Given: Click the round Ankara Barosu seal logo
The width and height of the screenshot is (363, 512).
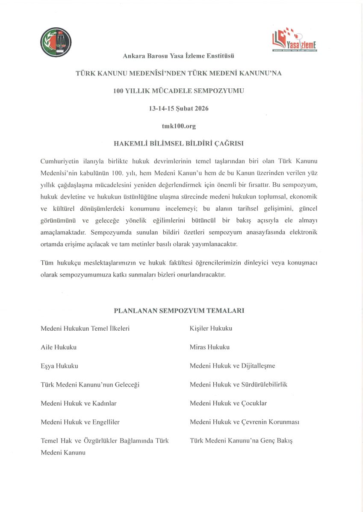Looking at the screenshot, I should [56, 42].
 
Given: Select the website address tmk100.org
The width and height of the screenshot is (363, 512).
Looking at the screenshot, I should [179, 126].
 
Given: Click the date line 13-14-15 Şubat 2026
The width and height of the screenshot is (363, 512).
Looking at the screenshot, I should [179, 108].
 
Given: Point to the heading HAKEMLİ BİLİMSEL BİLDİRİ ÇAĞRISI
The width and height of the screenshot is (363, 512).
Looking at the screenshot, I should [179, 144].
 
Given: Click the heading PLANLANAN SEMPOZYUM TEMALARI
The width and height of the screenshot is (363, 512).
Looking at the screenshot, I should [179, 311].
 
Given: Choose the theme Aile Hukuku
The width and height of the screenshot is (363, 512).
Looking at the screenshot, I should [59, 347].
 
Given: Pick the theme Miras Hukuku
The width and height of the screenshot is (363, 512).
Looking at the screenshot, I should [210, 347].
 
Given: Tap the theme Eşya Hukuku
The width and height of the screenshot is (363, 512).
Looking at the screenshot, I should [59, 366].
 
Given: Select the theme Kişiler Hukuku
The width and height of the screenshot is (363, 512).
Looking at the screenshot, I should [211, 328].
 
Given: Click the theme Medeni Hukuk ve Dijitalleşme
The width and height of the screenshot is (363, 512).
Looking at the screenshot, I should [232, 366].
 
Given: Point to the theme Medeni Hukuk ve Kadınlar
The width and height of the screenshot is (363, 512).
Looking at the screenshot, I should [79, 403].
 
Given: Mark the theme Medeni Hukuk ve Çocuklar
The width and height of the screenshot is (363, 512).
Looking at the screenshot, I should [228, 403].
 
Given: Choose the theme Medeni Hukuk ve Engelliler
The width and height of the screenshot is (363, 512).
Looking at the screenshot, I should [80, 422].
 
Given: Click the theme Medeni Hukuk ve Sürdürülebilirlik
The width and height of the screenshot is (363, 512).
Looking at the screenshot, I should [238, 384].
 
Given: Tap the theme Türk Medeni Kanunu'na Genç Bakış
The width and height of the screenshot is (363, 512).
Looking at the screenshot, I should [241, 440].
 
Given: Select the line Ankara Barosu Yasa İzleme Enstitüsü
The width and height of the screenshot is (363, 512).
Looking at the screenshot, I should [179, 55].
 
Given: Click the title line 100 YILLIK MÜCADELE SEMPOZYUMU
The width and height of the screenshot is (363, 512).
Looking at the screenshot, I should [179, 91].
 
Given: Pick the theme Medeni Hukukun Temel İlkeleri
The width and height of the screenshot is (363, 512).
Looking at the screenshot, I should [85, 328].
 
